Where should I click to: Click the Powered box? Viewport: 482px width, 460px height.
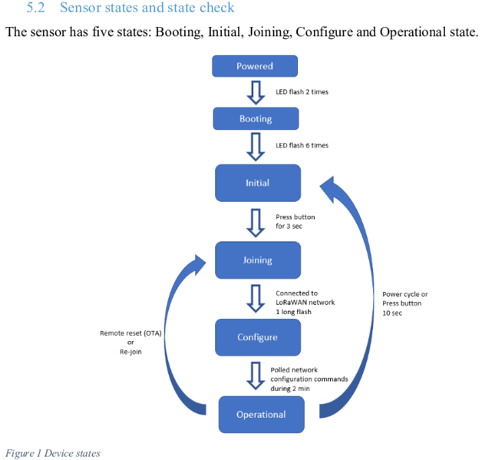(255, 66)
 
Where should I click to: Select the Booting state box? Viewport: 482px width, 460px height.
(256, 119)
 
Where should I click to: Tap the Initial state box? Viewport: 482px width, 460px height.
(258, 183)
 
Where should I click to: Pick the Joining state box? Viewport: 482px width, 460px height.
(258, 260)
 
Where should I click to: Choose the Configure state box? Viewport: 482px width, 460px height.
(258, 337)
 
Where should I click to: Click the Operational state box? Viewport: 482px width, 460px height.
(262, 415)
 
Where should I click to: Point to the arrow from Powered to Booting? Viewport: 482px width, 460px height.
(256, 93)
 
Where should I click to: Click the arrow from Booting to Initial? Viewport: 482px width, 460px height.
(256, 147)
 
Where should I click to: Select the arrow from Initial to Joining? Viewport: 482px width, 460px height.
(256, 223)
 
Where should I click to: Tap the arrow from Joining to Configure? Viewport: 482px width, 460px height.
(256, 299)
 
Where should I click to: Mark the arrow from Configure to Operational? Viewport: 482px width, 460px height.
(256, 376)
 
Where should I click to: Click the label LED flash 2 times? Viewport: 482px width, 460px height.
(302, 92)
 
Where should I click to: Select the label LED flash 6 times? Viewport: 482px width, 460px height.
(302, 145)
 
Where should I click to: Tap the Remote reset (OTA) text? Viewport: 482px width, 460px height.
(130, 333)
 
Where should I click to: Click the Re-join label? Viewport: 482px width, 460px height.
(130, 352)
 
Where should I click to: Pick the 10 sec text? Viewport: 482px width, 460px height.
(392, 313)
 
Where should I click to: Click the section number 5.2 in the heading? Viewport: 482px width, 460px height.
(35, 8)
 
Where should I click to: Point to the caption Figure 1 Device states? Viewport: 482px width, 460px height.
(53, 453)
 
